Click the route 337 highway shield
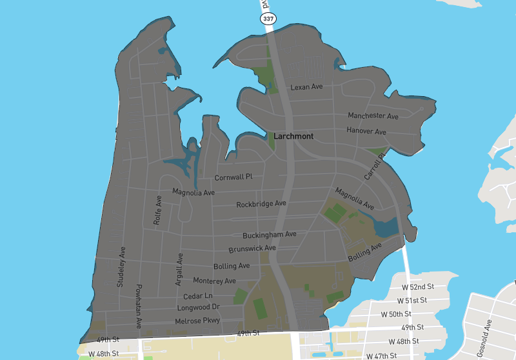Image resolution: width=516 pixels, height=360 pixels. pos(268,19)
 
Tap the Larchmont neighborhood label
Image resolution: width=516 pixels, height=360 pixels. pos(293,137)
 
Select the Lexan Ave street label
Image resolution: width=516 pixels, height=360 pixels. pos(306,87)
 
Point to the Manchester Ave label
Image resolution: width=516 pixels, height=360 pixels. pos(373,116)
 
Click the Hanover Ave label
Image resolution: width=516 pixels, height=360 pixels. pos(366,132)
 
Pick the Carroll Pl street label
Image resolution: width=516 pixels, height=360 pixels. pos(374,166)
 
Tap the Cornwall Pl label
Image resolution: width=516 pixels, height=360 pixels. pos(233,177)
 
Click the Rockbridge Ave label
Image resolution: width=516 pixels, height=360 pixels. pos(261,204)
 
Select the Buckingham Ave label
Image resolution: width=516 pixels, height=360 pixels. pos(270,235)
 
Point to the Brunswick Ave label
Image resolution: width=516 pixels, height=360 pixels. pos(252,248)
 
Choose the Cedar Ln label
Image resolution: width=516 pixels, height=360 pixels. pos(198,296)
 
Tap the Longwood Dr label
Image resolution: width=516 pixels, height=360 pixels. pos(199,308)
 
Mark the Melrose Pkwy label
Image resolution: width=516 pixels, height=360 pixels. pos(197,321)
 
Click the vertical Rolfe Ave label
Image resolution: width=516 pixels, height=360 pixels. pos(157,210)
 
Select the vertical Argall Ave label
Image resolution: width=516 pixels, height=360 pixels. pos(180,269)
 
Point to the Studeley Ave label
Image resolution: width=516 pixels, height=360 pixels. pos(121,266)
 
